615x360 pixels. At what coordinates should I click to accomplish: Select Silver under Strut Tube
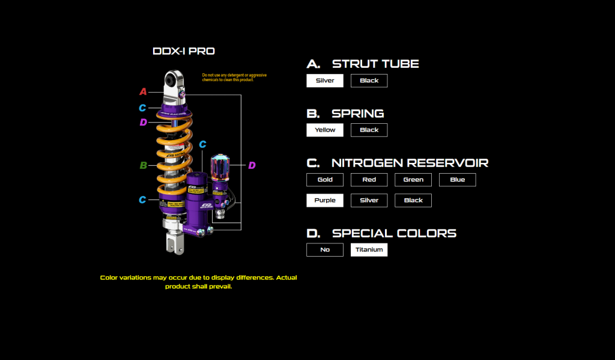[x=325, y=81]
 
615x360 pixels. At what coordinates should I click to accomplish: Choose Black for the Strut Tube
[x=369, y=81]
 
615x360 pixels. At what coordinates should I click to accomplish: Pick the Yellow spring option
[x=325, y=130]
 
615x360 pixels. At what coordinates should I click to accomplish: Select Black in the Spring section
[x=369, y=130]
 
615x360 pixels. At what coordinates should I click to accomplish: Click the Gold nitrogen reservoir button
[x=325, y=180]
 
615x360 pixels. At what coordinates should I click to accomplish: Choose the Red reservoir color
[x=369, y=180]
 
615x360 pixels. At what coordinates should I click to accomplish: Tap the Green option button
[x=413, y=180]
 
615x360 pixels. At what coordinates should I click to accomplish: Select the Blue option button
[x=457, y=180]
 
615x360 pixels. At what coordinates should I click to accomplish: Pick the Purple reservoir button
[x=325, y=200]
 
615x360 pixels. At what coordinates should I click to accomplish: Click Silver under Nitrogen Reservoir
[x=369, y=200]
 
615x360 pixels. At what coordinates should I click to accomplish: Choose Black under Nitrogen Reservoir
[x=413, y=200]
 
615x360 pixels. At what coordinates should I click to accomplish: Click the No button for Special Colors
[x=325, y=249]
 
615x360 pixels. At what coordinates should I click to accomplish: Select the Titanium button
[x=369, y=249]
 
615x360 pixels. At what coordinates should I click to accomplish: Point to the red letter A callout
[x=143, y=92]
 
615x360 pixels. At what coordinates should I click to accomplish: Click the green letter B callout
[x=143, y=165]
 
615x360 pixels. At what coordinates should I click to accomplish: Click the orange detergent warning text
[x=229, y=78]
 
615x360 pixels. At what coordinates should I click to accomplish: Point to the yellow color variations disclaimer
[x=198, y=282]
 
